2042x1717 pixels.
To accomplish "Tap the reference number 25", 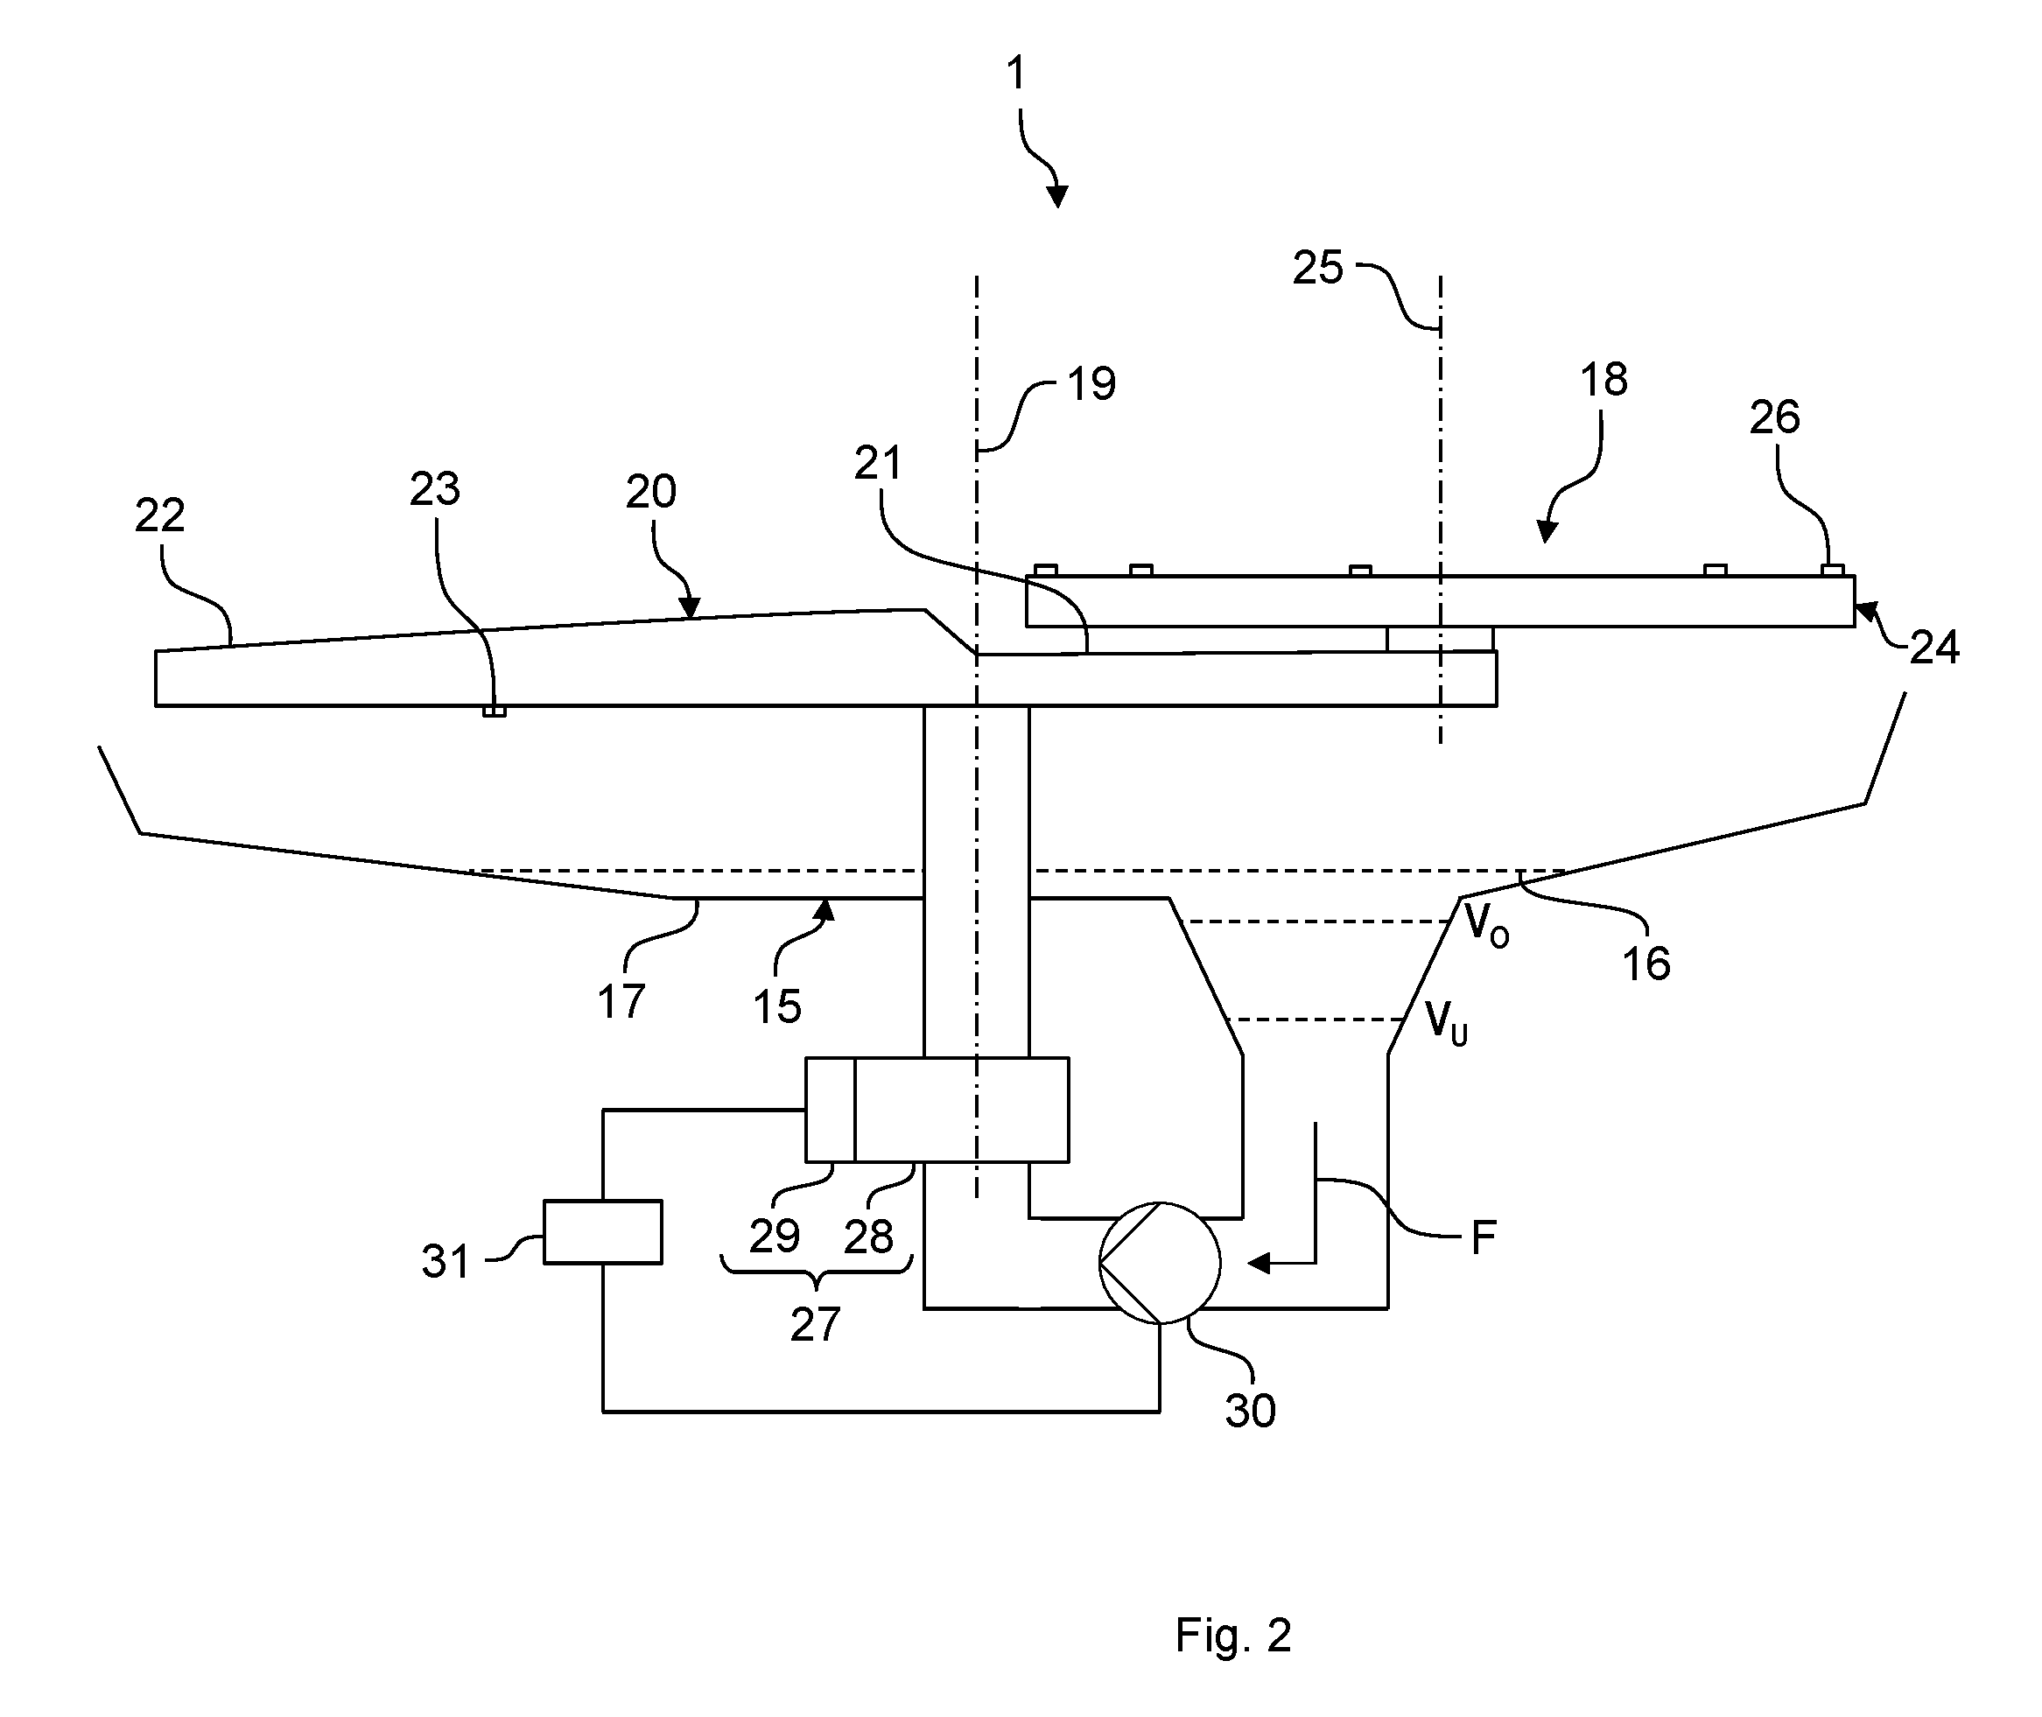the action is click(1318, 268).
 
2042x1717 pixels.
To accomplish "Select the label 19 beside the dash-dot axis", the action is click(1091, 384).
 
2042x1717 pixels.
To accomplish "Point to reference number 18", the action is click(1603, 380).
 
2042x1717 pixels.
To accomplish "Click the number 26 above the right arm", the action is click(1774, 417).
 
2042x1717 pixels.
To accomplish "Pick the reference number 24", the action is click(1934, 648).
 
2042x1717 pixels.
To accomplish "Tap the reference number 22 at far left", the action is click(159, 515).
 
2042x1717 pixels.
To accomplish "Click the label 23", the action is click(434, 488).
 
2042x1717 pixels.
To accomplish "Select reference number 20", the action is click(650, 492).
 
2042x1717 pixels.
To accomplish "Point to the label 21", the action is click(878, 463).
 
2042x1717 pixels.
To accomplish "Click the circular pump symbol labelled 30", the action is click(1159, 1263).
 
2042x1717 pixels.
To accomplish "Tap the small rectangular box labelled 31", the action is click(602, 1231).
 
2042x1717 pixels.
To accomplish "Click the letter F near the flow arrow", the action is click(1483, 1238).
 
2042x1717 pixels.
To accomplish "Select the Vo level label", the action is click(1487, 924).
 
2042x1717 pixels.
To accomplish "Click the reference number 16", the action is click(1646, 964).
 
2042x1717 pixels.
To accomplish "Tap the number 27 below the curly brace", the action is click(815, 1325).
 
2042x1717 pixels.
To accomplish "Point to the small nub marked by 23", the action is click(495, 711).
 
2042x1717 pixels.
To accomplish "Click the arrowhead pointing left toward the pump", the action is click(1259, 1264).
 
